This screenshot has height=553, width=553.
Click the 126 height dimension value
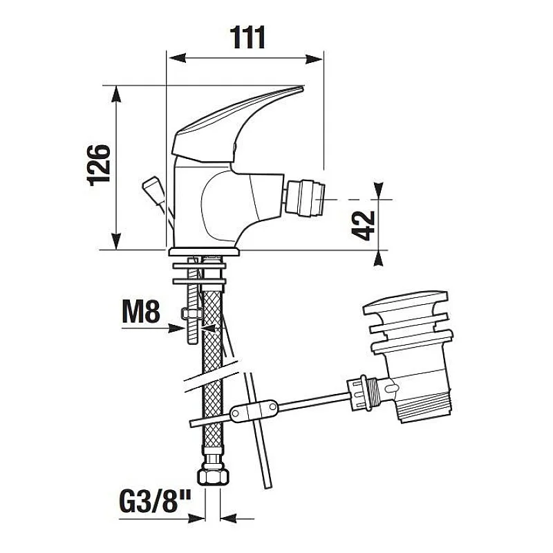[99, 164]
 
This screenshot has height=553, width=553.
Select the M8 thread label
[141, 312]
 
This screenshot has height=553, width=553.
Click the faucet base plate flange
[205, 252]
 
